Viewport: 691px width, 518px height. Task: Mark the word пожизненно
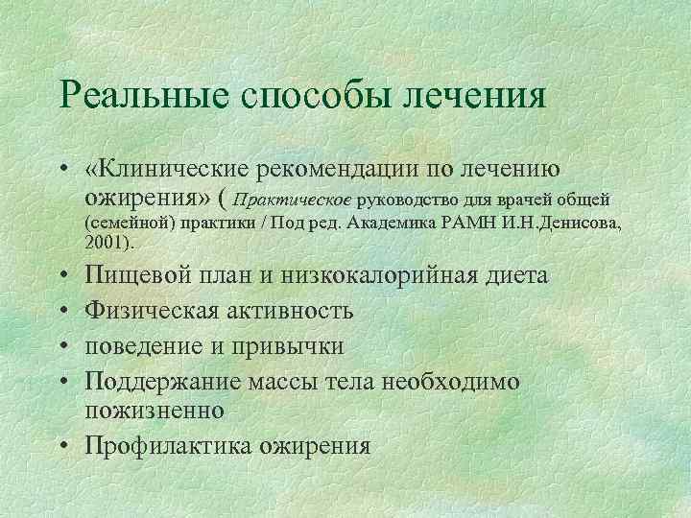(x=155, y=410)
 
